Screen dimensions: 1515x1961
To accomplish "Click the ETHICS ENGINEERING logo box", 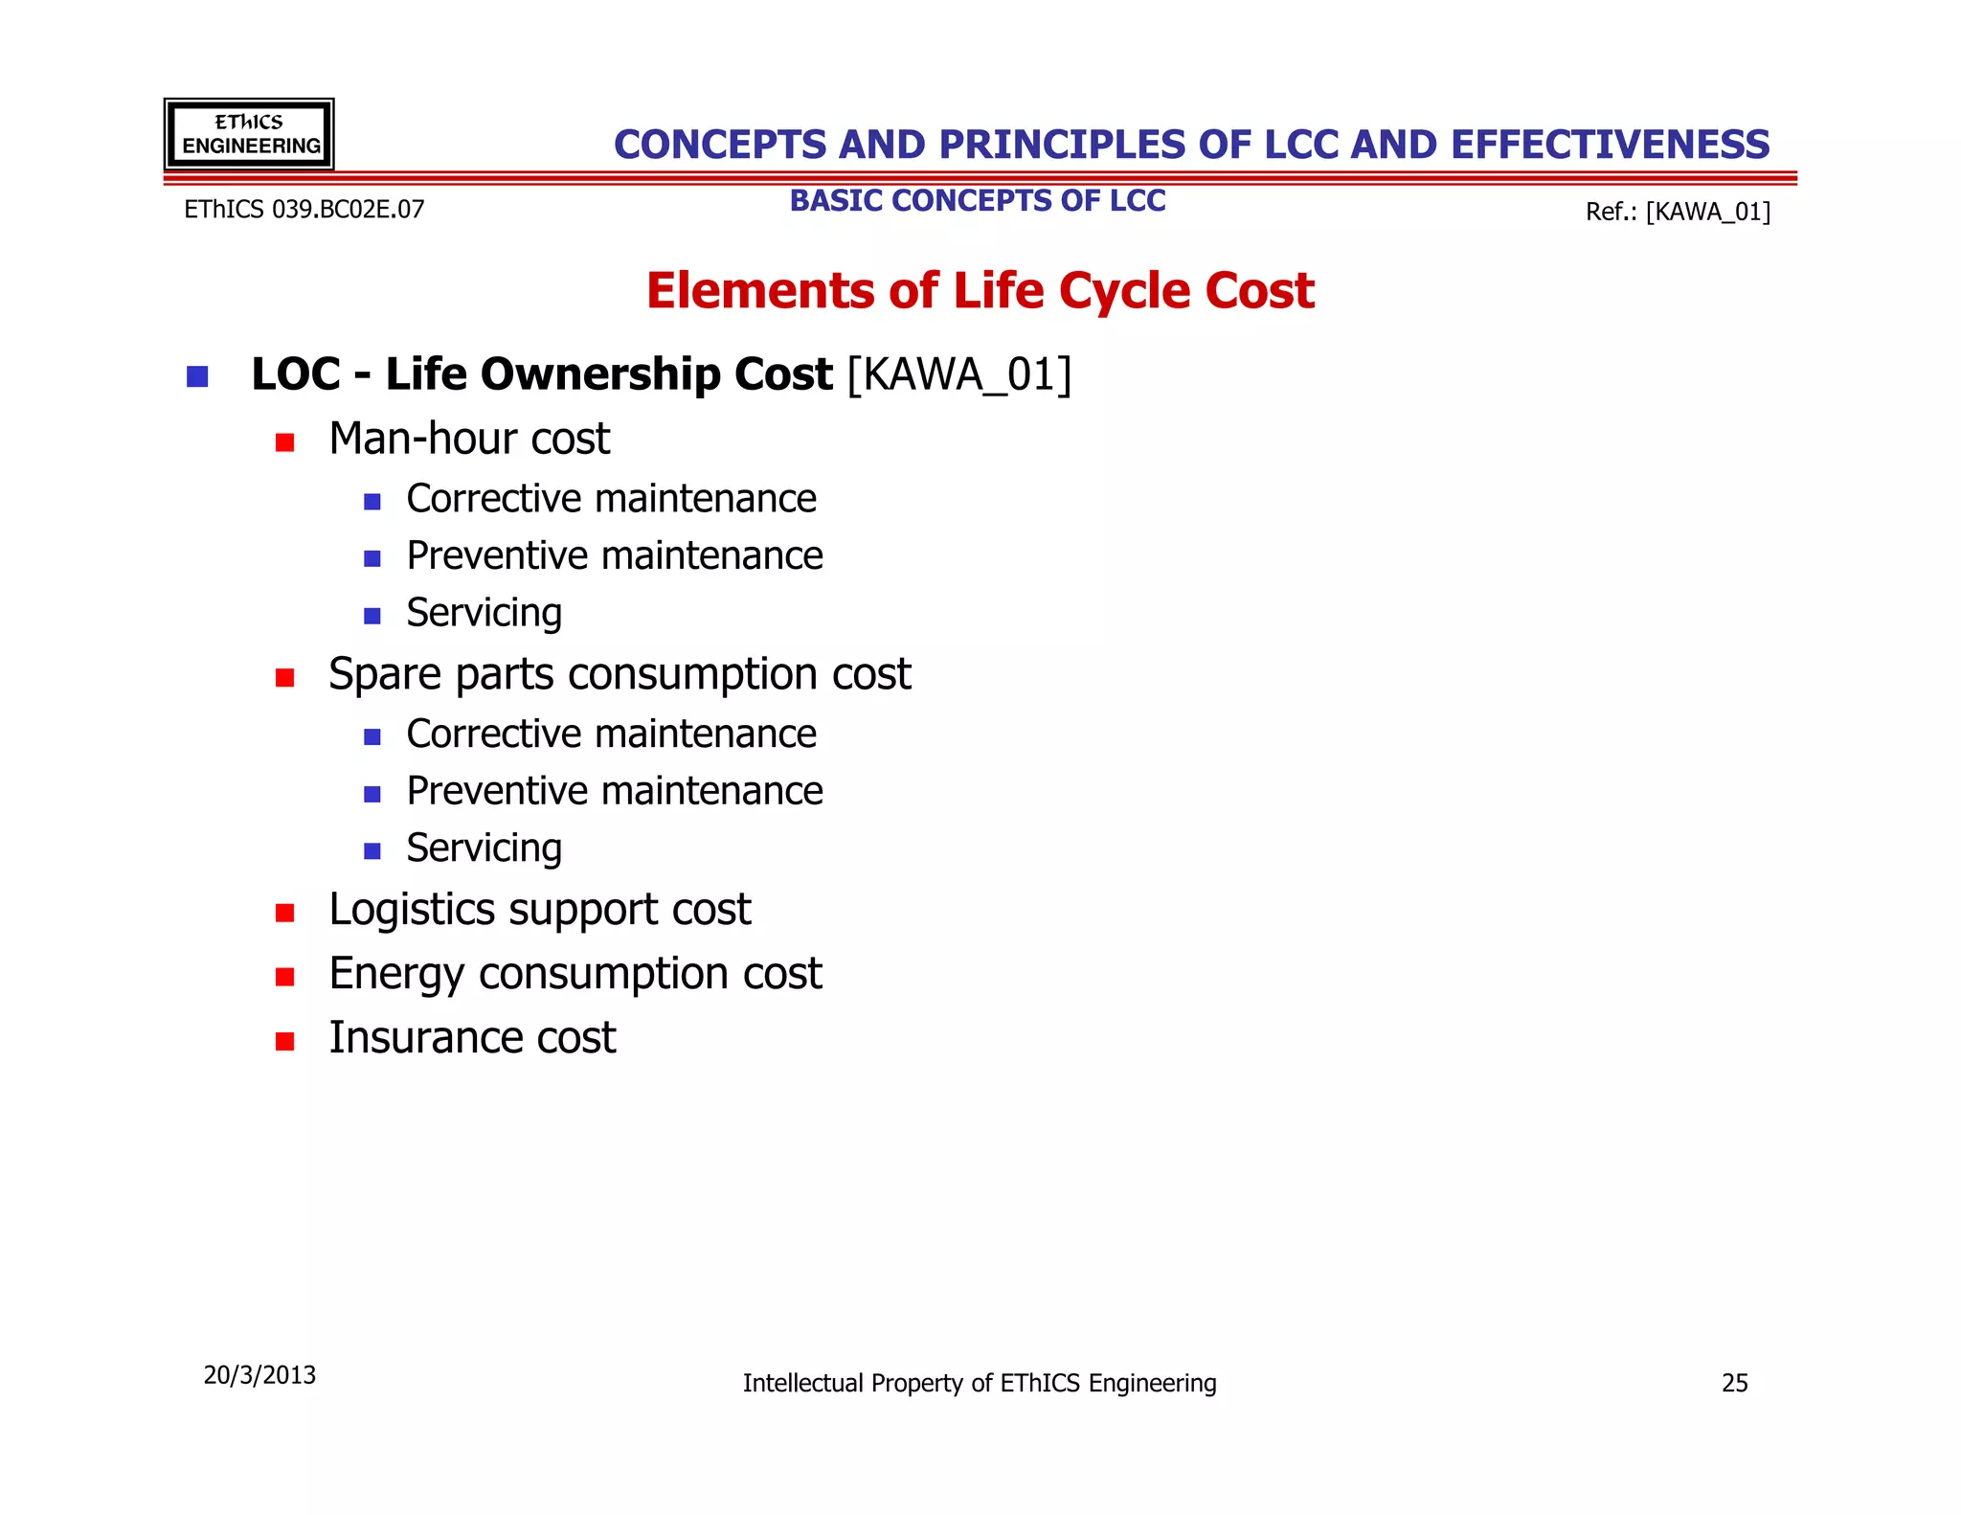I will [x=249, y=134].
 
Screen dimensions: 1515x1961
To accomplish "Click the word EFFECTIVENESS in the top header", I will [x=1610, y=145].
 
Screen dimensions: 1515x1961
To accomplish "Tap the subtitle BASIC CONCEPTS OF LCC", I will [x=977, y=201].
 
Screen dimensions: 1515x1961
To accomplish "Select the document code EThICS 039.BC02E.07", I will [x=304, y=210].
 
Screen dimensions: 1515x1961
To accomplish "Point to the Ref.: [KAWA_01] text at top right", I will [x=1678, y=212].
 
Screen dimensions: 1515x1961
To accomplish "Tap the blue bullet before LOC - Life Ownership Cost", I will [x=197, y=376].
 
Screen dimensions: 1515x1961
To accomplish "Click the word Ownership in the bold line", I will [x=608, y=374].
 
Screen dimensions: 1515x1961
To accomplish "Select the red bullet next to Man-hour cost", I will [x=284, y=442].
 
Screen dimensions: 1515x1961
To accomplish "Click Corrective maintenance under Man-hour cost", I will [x=611, y=499].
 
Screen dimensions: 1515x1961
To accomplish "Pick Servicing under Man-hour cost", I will [x=484, y=613].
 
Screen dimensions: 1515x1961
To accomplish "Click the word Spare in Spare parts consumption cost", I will [x=387, y=674].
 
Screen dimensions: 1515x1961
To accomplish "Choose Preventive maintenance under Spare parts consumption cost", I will [x=614, y=791].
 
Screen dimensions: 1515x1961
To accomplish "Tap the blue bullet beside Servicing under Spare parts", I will [x=372, y=851].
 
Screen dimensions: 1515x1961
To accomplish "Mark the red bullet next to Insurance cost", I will [x=284, y=1041].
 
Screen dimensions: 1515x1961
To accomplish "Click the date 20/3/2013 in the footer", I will [x=259, y=1375].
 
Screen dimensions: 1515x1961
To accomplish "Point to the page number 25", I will [x=1734, y=1383].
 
